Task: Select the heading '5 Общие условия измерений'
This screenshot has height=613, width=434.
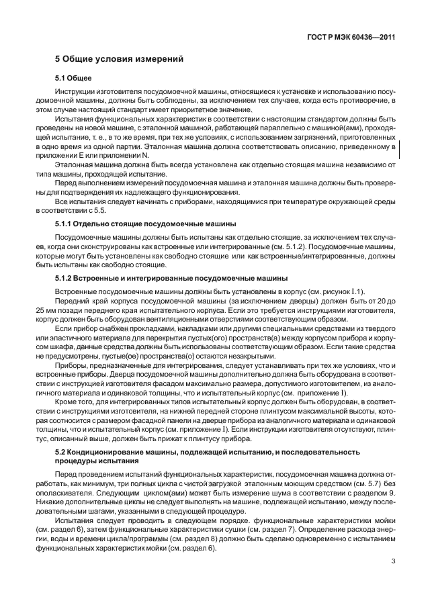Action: point(119,59)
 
